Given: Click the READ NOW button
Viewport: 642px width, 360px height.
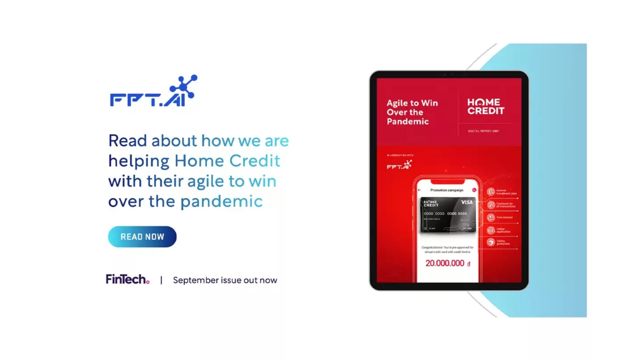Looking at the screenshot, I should [142, 237].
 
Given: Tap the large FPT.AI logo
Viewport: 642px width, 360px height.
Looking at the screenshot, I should [153, 92].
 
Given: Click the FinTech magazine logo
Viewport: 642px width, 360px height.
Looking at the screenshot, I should [127, 279].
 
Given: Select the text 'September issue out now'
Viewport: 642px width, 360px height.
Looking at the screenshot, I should [225, 280].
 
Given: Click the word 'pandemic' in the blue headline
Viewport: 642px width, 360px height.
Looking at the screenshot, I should [221, 201].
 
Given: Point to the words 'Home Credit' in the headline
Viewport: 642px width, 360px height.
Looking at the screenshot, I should [227, 161].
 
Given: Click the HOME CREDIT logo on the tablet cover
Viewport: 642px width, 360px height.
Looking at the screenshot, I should [485, 107].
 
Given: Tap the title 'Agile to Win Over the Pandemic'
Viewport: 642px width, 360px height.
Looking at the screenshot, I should [412, 112].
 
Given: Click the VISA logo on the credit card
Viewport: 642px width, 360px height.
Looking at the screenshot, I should [467, 202].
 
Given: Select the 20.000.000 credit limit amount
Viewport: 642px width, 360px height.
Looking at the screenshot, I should [445, 263].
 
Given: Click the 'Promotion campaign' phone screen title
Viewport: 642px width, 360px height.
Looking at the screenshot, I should [447, 190].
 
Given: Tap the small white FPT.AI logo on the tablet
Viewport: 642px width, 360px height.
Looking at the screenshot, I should [399, 165].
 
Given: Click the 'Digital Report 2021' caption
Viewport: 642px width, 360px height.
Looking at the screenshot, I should [483, 131].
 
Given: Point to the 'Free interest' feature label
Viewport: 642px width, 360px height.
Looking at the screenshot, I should [504, 217].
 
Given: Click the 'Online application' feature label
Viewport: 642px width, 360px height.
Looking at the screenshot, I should [503, 230].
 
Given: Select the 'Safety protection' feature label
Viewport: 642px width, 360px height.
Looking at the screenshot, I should [503, 242].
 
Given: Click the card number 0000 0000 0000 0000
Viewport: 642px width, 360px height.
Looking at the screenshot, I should [445, 214].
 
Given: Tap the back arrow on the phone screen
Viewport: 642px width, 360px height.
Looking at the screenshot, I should [419, 190].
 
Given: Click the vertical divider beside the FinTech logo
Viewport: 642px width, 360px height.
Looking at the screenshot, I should [161, 280].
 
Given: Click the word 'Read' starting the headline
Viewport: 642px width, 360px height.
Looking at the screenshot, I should [127, 141].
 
